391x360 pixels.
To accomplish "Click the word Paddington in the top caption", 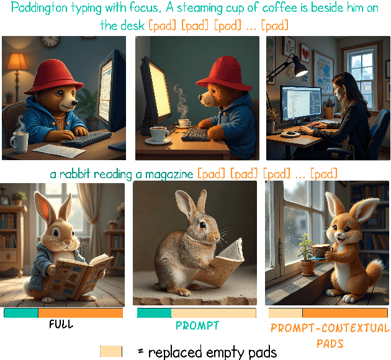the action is pyautogui.click(x=39, y=8).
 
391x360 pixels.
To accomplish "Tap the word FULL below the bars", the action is pyautogui.click(x=61, y=325).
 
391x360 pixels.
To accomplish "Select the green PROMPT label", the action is pyautogui.click(x=197, y=325).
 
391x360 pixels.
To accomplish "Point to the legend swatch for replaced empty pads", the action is pyautogui.click(x=111, y=351).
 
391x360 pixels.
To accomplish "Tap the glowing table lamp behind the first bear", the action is pyautogui.click(x=17, y=62).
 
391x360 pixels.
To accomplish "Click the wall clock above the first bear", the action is pyautogui.click(x=50, y=41).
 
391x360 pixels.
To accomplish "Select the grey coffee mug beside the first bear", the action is pyautogui.click(x=19, y=142).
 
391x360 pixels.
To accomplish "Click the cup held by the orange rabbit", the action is pyautogui.click(x=321, y=251).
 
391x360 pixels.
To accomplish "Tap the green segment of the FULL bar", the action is pyautogui.click(x=21, y=313).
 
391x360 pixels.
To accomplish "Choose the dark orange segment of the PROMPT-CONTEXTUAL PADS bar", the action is pyautogui.click(x=345, y=313).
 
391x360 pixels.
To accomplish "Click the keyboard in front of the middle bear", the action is pyautogui.click(x=196, y=134).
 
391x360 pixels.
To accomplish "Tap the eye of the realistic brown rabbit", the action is pyautogui.click(x=202, y=225).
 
